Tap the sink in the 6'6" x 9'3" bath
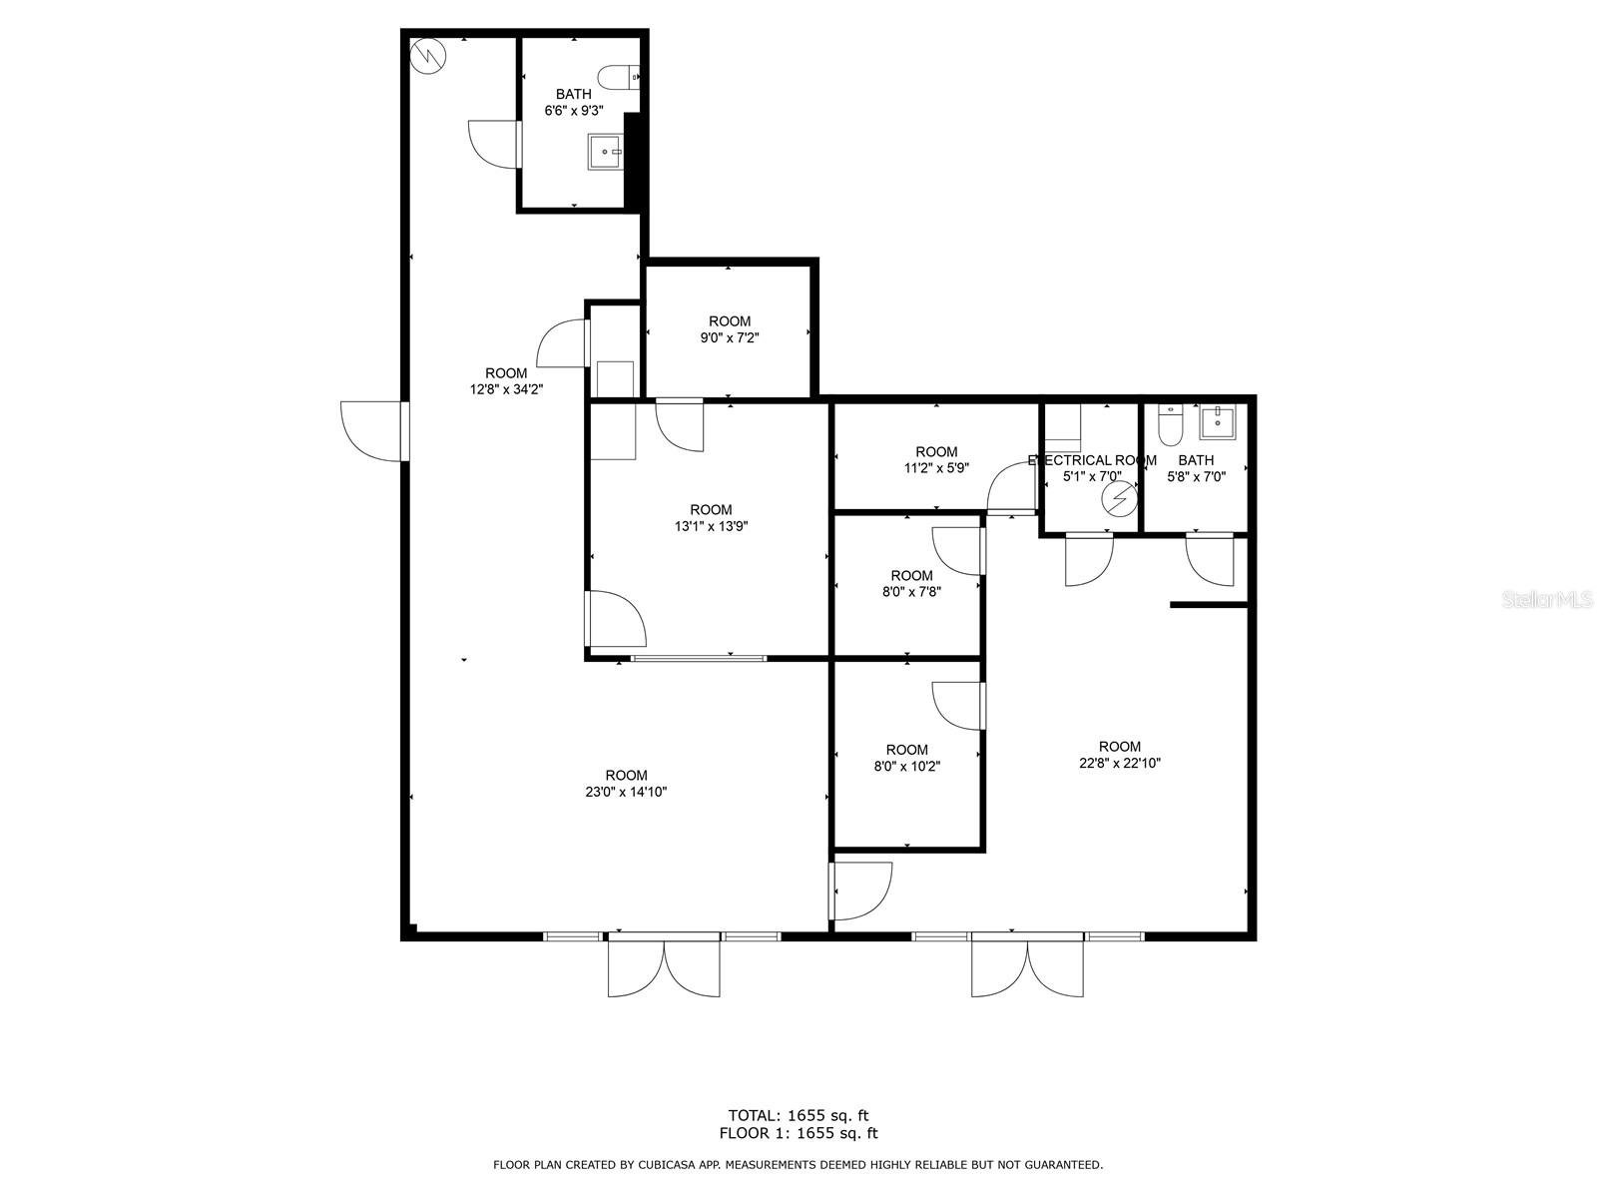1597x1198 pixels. [x=605, y=152]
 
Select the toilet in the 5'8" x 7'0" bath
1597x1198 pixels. [x=1170, y=425]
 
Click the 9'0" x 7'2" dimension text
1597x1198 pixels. [x=729, y=337]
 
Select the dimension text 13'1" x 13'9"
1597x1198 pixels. [x=711, y=526]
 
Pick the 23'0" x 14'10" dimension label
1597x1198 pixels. [x=626, y=792]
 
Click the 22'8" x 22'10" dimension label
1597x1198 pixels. [x=1119, y=763]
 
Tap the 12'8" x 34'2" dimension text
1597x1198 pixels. [x=506, y=389]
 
